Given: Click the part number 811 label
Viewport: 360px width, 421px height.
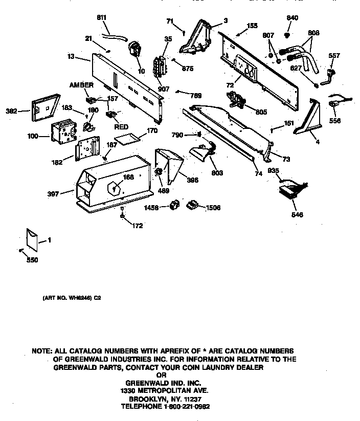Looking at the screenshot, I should tap(102, 18).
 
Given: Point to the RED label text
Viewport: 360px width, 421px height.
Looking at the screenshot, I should tap(121, 126).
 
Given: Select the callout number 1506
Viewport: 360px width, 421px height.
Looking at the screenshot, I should tap(213, 208).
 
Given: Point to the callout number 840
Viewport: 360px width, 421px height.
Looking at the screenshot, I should tap(292, 18).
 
